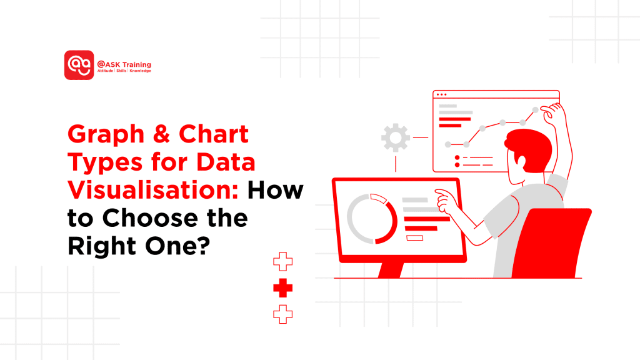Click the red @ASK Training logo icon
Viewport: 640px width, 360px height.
79,65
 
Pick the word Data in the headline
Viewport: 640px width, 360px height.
226,162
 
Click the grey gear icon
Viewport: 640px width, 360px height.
395,137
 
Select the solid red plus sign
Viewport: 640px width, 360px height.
283,288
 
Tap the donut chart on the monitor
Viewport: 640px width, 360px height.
372,218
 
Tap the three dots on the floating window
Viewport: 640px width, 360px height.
441,95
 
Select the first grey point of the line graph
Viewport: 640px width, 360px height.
447,144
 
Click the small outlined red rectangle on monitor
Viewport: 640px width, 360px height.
415,237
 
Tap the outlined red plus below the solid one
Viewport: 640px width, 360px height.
283,314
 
